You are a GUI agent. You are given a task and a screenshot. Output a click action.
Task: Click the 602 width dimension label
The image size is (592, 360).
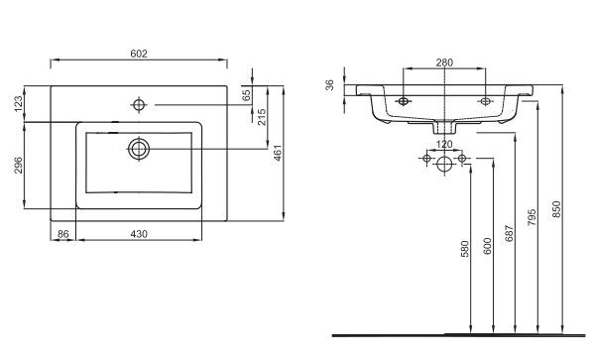[139, 54]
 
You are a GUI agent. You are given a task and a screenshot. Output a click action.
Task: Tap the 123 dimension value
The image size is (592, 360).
[19, 104]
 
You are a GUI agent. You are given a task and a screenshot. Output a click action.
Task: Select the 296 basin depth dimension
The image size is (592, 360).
[19, 165]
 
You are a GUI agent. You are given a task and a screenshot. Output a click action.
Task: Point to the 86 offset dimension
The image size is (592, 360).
[63, 234]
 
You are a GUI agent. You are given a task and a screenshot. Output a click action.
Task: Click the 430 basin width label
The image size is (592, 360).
[139, 234]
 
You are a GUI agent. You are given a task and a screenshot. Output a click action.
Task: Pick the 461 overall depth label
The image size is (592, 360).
[278, 153]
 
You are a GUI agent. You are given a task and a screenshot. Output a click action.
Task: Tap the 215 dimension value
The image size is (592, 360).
[262, 117]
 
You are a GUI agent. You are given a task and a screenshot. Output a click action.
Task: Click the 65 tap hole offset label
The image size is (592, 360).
[246, 95]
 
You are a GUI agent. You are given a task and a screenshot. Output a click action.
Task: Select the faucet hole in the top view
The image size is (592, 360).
[139, 105]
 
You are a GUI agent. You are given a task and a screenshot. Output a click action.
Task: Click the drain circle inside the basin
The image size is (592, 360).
[139, 149]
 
